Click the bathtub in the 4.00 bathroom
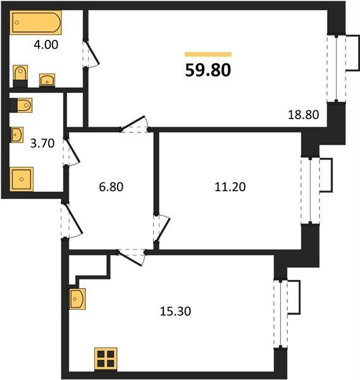pyautogui.click(x=36, y=22)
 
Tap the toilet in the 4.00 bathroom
pyautogui.click(x=20, y=76)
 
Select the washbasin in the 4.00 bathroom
pyautogui.click(x=47, y=80)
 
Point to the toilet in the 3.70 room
pyautogui.click(x=21, y=105)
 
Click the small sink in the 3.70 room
pyautogui.click(x=17, y=134)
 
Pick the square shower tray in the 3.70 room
pyautogui.click(x=22, y=179)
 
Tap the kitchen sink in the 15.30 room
pyautogui.click(x=77, y=298)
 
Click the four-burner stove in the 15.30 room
pyautogui.click(x=106, y=359)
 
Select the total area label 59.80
pyautogui.click(x=208, y=70)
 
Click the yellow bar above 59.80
pyautogui.click(x=208, y=54)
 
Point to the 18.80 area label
pyautogui.click(x=303, y=115)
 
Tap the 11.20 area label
pyautogui.click(x=230, y=187)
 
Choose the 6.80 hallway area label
pyautogui.click(x=111, y=187)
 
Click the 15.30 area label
pyautogui.click(x=175, y=311)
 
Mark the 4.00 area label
pyautogui.click(x=46, y=45)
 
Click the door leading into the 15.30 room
pyautogui.click(x=131, y=257)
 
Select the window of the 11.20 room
pyautogui.click(x=311, y=191)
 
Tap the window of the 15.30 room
pyautogui.click(x=280, y=313)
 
